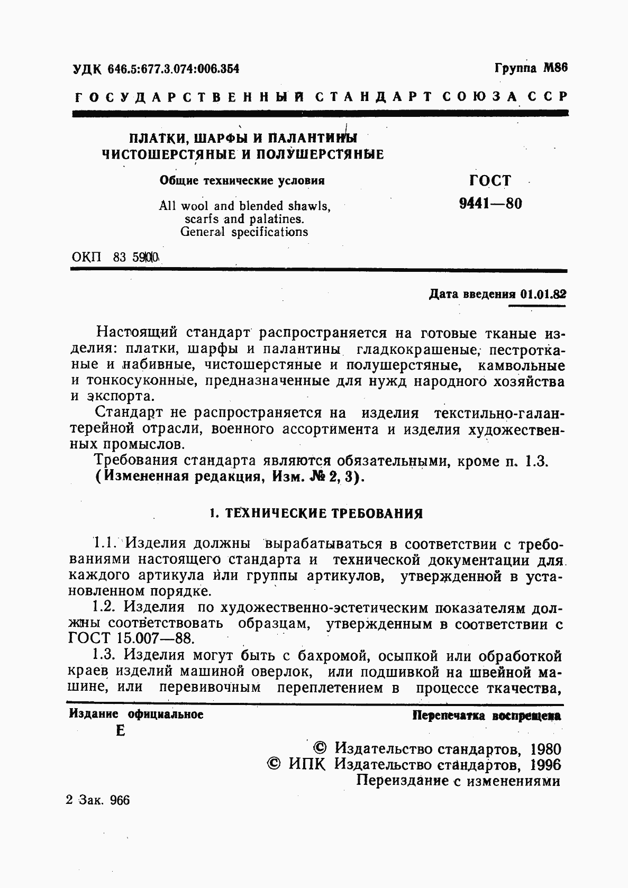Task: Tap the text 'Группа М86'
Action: pos(531,68)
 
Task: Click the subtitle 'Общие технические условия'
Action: pos(242,181)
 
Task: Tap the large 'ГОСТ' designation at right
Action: pos(490,180)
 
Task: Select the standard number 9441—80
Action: pos(490,204)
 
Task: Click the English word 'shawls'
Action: pos(306,206)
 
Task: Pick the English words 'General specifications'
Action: pos(244,232)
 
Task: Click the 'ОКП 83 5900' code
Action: pos(115,258)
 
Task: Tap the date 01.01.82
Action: pos(543,294)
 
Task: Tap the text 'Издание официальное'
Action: pos(136,715)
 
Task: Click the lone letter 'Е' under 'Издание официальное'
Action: pos(120,731)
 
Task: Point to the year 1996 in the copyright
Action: pos(545,765)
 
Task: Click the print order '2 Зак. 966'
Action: pos(98,800)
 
